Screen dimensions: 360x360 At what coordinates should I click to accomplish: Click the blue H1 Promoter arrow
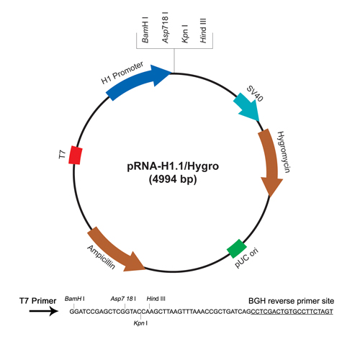pyautogui.click(x=135, y=81)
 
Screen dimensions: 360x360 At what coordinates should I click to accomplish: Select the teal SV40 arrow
pyautogui.click(x=247, y=107)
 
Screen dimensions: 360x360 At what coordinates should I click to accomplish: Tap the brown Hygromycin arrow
pyautogui.click(x=270, y=161)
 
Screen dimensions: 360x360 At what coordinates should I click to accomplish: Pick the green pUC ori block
pyautogui.click(x=237, y=248)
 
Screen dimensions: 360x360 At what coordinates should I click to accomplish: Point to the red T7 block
pyautogui.click(x=76, y=155)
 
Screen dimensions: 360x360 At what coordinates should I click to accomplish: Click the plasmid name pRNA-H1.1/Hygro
pyautogui.click(x=173, y=166)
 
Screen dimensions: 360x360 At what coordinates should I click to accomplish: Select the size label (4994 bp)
pyautogui.click(x=173, y=179)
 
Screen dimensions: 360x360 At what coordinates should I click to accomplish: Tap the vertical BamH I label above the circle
pyautogui.click(x=145, y=30)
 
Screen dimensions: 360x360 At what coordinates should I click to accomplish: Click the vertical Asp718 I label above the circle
pyautogui.click(x=165, y=27)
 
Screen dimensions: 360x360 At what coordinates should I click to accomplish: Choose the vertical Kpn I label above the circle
pyautogui.click(x=184, y=34)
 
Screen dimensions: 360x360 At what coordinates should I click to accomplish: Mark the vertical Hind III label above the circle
pyautogui.click(x=203, y=31)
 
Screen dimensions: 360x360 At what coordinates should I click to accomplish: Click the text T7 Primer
pyautogui.click(x=37, y=301)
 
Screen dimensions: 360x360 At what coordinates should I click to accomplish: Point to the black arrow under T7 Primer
pyautogui.click(x=44, y=311)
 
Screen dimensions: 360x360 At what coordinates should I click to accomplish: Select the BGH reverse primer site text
pyautogui.click(x=291, y=301)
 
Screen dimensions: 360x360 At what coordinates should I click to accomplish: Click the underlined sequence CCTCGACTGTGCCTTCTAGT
pyautogui.click(x=292, y=312)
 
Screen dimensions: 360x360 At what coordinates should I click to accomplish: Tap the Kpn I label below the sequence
pyautogui.click(x=140, y=323)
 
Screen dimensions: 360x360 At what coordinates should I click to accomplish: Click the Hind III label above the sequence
pyautogui.click(x=156, y=299)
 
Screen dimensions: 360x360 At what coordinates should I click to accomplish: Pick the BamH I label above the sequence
pyautogui.click(x=75, y=299)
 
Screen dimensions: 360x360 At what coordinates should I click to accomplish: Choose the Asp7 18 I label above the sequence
pyautogui.click(x=123, y=299)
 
